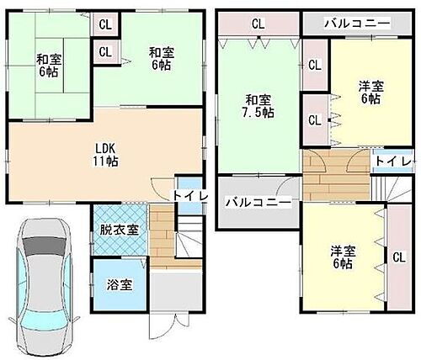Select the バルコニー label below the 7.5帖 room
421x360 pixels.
click(x=257, y=203)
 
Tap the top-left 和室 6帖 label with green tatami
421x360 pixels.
click(x=49, y=66)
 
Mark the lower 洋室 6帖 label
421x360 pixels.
click(x=341, y=257)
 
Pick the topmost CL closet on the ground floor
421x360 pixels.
click(x=104, y=24)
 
